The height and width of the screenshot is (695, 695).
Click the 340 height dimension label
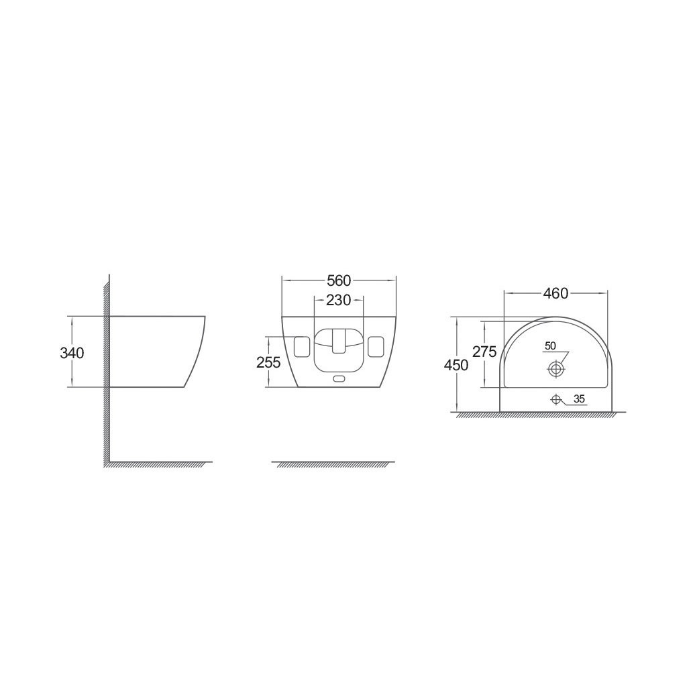coord(72,353)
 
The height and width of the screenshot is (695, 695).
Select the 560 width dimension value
coord(339,280)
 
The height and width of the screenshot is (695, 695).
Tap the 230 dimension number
coord(339,300)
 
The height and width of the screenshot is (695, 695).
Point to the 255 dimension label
coord(268,362)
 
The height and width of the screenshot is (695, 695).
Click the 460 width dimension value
coord(556,293)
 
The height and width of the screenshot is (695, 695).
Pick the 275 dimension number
coord(484,352)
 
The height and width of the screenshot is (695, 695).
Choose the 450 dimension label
coord(456,365)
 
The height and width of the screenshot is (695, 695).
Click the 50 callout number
coord(550,345)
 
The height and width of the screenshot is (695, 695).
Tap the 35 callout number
coord(580,399)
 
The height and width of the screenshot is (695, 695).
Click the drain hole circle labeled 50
coord(556,368)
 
